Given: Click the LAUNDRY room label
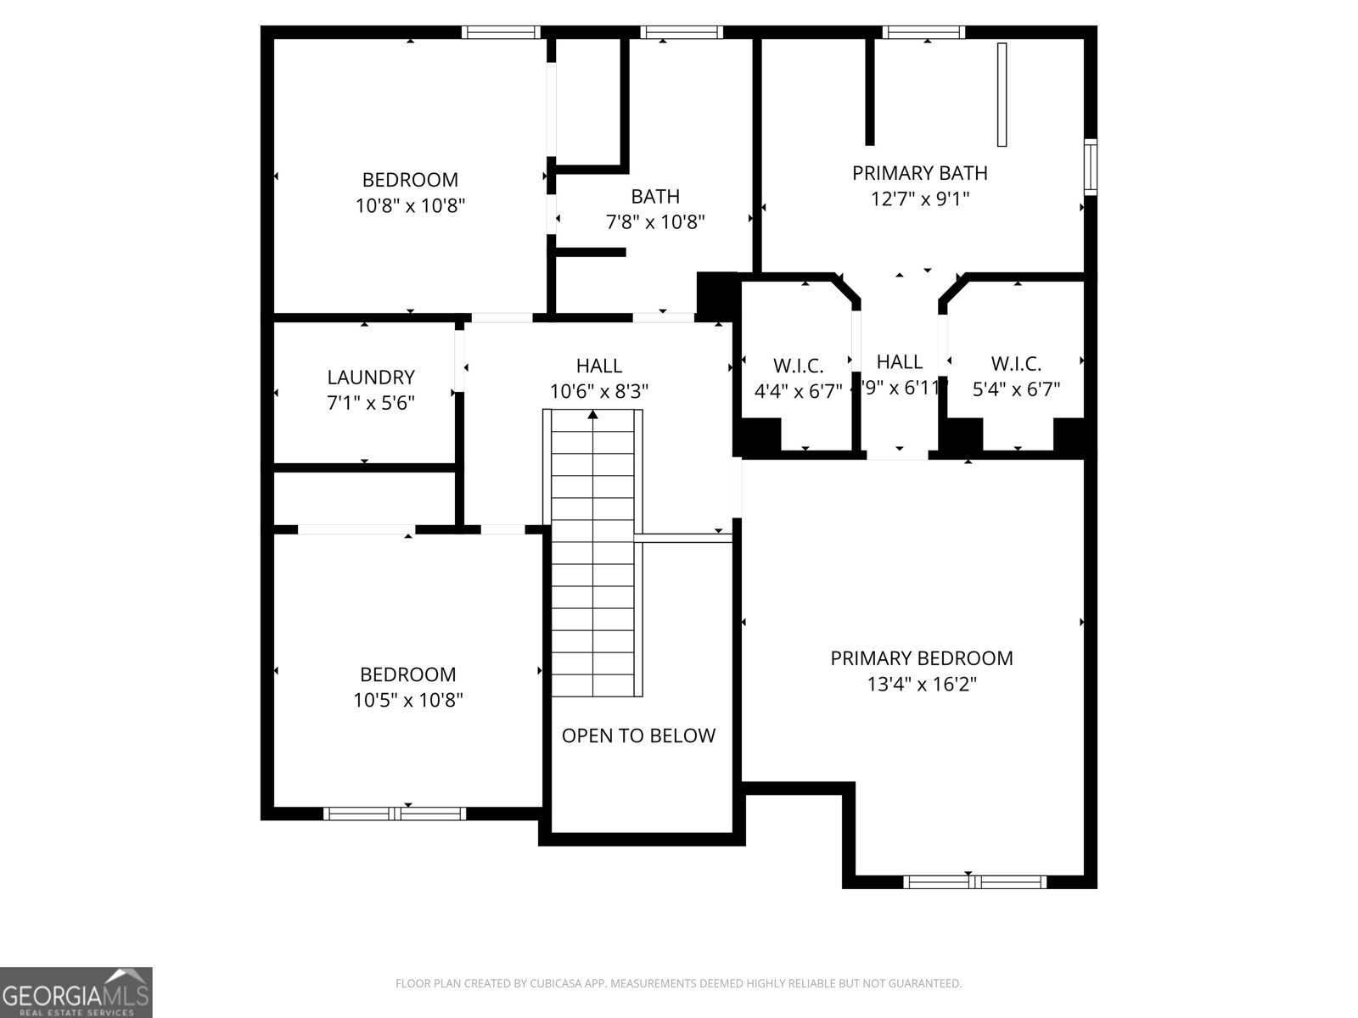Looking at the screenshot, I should click(x=371, y=377).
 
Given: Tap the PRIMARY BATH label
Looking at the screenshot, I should click(x=919, y=173).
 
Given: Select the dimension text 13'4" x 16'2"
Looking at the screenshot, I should click(x=922, y=685).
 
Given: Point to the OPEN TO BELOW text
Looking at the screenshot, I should click(x=638, y=736).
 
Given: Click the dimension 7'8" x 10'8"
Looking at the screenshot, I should click(x=654, y=222).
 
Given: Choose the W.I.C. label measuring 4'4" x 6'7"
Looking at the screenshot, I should click(x=798, y=366).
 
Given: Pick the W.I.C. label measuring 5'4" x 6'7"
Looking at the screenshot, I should click(x=1016, y=364).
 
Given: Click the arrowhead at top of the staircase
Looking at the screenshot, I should click(x=592, y=414).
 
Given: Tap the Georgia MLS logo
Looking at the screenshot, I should click(x=76, y=992).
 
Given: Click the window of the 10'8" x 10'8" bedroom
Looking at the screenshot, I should click(x=501, y=32).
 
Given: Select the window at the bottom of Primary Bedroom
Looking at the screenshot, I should click(x=974, y=882).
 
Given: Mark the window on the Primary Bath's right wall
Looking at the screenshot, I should click(x=1091, y=167).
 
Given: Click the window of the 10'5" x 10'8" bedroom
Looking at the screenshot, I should click(x=395, y=814).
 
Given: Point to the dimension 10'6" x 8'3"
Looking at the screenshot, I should click(x=599, y=392).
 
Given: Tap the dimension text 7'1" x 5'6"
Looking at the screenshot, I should click(x=371, y=403).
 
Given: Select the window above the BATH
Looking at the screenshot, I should click(x=682, y=32).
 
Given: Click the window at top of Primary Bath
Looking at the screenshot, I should click(x=923, y=32).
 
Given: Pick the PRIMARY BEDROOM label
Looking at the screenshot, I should click(x=921, y=658).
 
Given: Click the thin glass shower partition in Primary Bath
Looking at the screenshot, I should click(x=1002, y=94).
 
